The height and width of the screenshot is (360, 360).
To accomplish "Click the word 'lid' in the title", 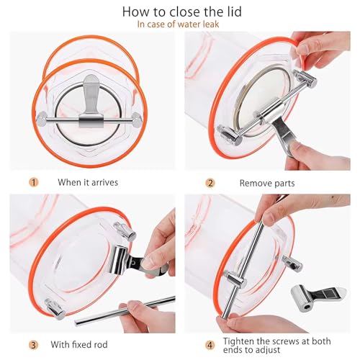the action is [232, 12].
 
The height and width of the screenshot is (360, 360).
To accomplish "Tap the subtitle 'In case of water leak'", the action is [178, 24].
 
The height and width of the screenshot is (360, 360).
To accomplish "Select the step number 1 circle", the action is [34, 183].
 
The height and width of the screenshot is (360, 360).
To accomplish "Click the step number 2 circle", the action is [210, 183].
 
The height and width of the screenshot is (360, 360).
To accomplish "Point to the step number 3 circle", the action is [33, 345].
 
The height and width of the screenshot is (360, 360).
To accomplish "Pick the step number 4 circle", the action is [210, 346].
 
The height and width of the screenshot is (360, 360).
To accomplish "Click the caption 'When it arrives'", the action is [88, 182].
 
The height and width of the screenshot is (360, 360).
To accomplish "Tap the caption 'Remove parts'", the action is [267, 184].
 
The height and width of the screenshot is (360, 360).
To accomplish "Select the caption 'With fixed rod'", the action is [79, 345].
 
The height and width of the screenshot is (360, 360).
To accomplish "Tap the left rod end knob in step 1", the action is [42, 118].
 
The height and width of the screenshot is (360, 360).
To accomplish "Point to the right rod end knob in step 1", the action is [137, 119].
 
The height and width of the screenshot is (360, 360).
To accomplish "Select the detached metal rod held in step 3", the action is [125, 311].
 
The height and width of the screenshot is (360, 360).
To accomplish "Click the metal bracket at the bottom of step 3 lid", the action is [55, 309].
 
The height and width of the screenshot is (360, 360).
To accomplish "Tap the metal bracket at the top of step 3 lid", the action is [125, 231].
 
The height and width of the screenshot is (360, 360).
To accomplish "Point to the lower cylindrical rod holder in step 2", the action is [229, 135].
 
